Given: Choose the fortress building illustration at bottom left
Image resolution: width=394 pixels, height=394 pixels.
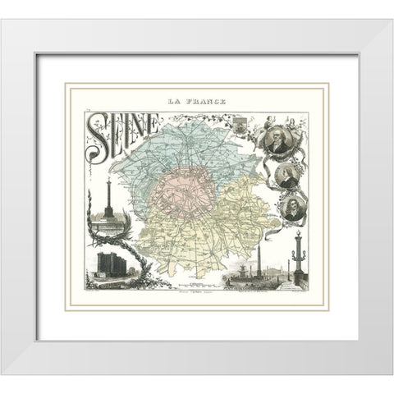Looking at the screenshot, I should [108, 263].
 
